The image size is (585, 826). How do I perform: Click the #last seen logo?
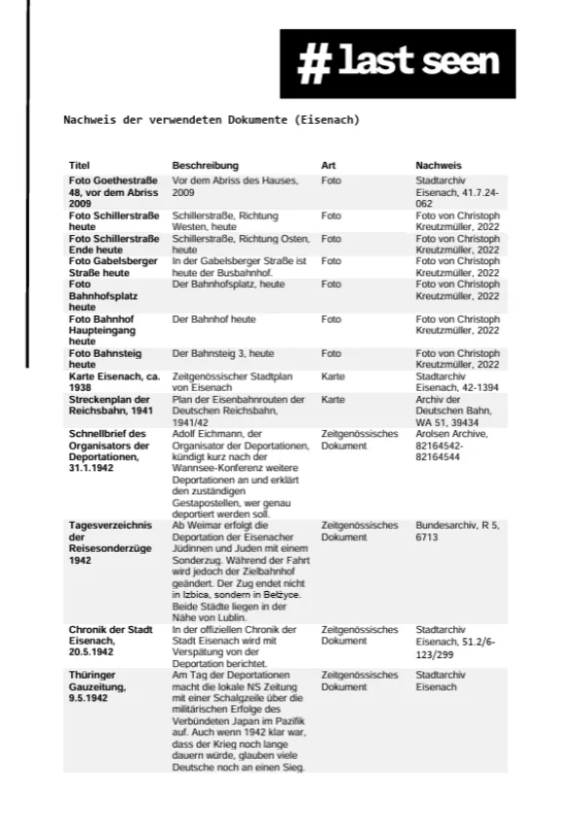[x=398, y=63]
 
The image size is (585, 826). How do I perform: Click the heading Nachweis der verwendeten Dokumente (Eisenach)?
[x=212, y=120]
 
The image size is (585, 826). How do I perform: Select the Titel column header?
[x=79, y=166]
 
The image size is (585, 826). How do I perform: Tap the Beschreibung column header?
[x=205, y=166]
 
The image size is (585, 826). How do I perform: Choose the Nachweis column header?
[x=439, y=166]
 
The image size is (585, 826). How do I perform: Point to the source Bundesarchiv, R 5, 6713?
[x=456, y=531]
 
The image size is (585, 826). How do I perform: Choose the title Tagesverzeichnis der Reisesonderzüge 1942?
[x=110, y=542]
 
